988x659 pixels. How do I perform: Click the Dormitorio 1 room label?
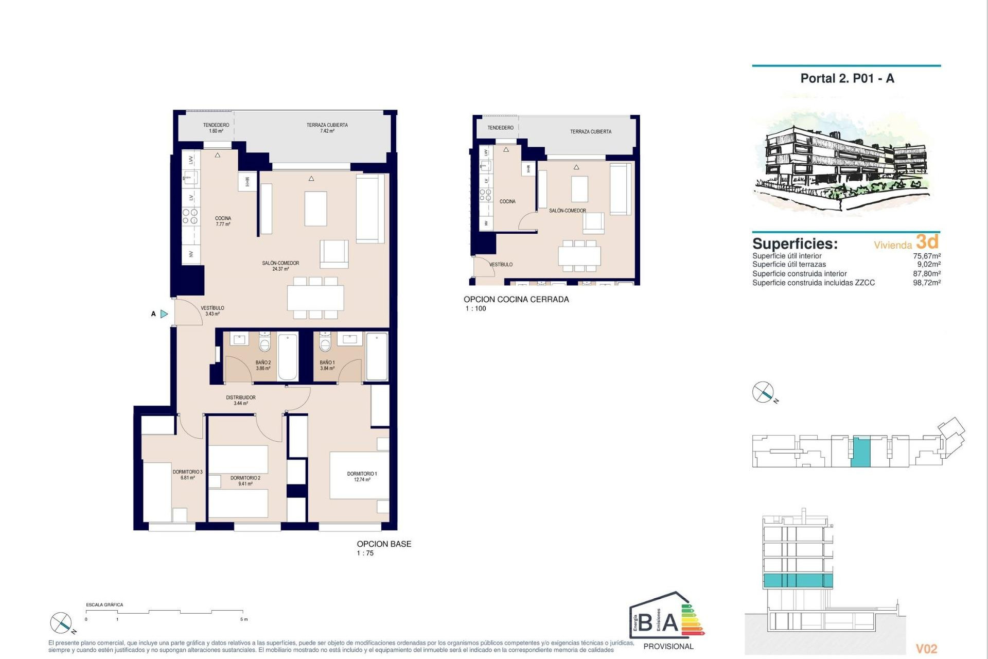click(x=362, y=476)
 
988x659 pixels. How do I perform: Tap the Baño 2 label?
click(x=263, y=365)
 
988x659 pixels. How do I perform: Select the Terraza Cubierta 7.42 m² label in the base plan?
click(x=327, y=128)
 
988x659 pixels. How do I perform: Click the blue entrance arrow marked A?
click(x=164, y=314)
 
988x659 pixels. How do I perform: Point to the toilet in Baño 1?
click(x=325, y=342)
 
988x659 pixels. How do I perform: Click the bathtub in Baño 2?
click(x=288, y=356)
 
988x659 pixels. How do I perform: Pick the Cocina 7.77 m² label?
click(x=223, y=221)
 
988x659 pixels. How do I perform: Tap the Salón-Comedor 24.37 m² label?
click(x=280, y=266)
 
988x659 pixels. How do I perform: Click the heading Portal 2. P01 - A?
click(x=847, y=79)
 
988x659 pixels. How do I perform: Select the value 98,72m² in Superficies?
click(x=926, y=283)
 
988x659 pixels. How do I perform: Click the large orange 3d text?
click(x=927, y=241)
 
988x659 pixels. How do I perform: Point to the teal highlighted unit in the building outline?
click(x=860, y=452)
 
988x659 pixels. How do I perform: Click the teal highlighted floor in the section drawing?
click(x=798, y=581)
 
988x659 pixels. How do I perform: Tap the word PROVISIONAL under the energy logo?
click(x=668, y=647)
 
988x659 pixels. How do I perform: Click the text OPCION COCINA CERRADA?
click(x=516, y=299)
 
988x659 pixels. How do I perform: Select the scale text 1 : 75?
click(x=365, y=553)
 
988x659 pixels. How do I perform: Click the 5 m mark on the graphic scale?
click(x=243, y=619)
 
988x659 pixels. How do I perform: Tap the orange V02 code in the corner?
click(x=926, y=649)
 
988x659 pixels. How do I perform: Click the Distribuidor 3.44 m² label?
click(x=241, y=400)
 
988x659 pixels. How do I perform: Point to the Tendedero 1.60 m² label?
click(x=216, y=128)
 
